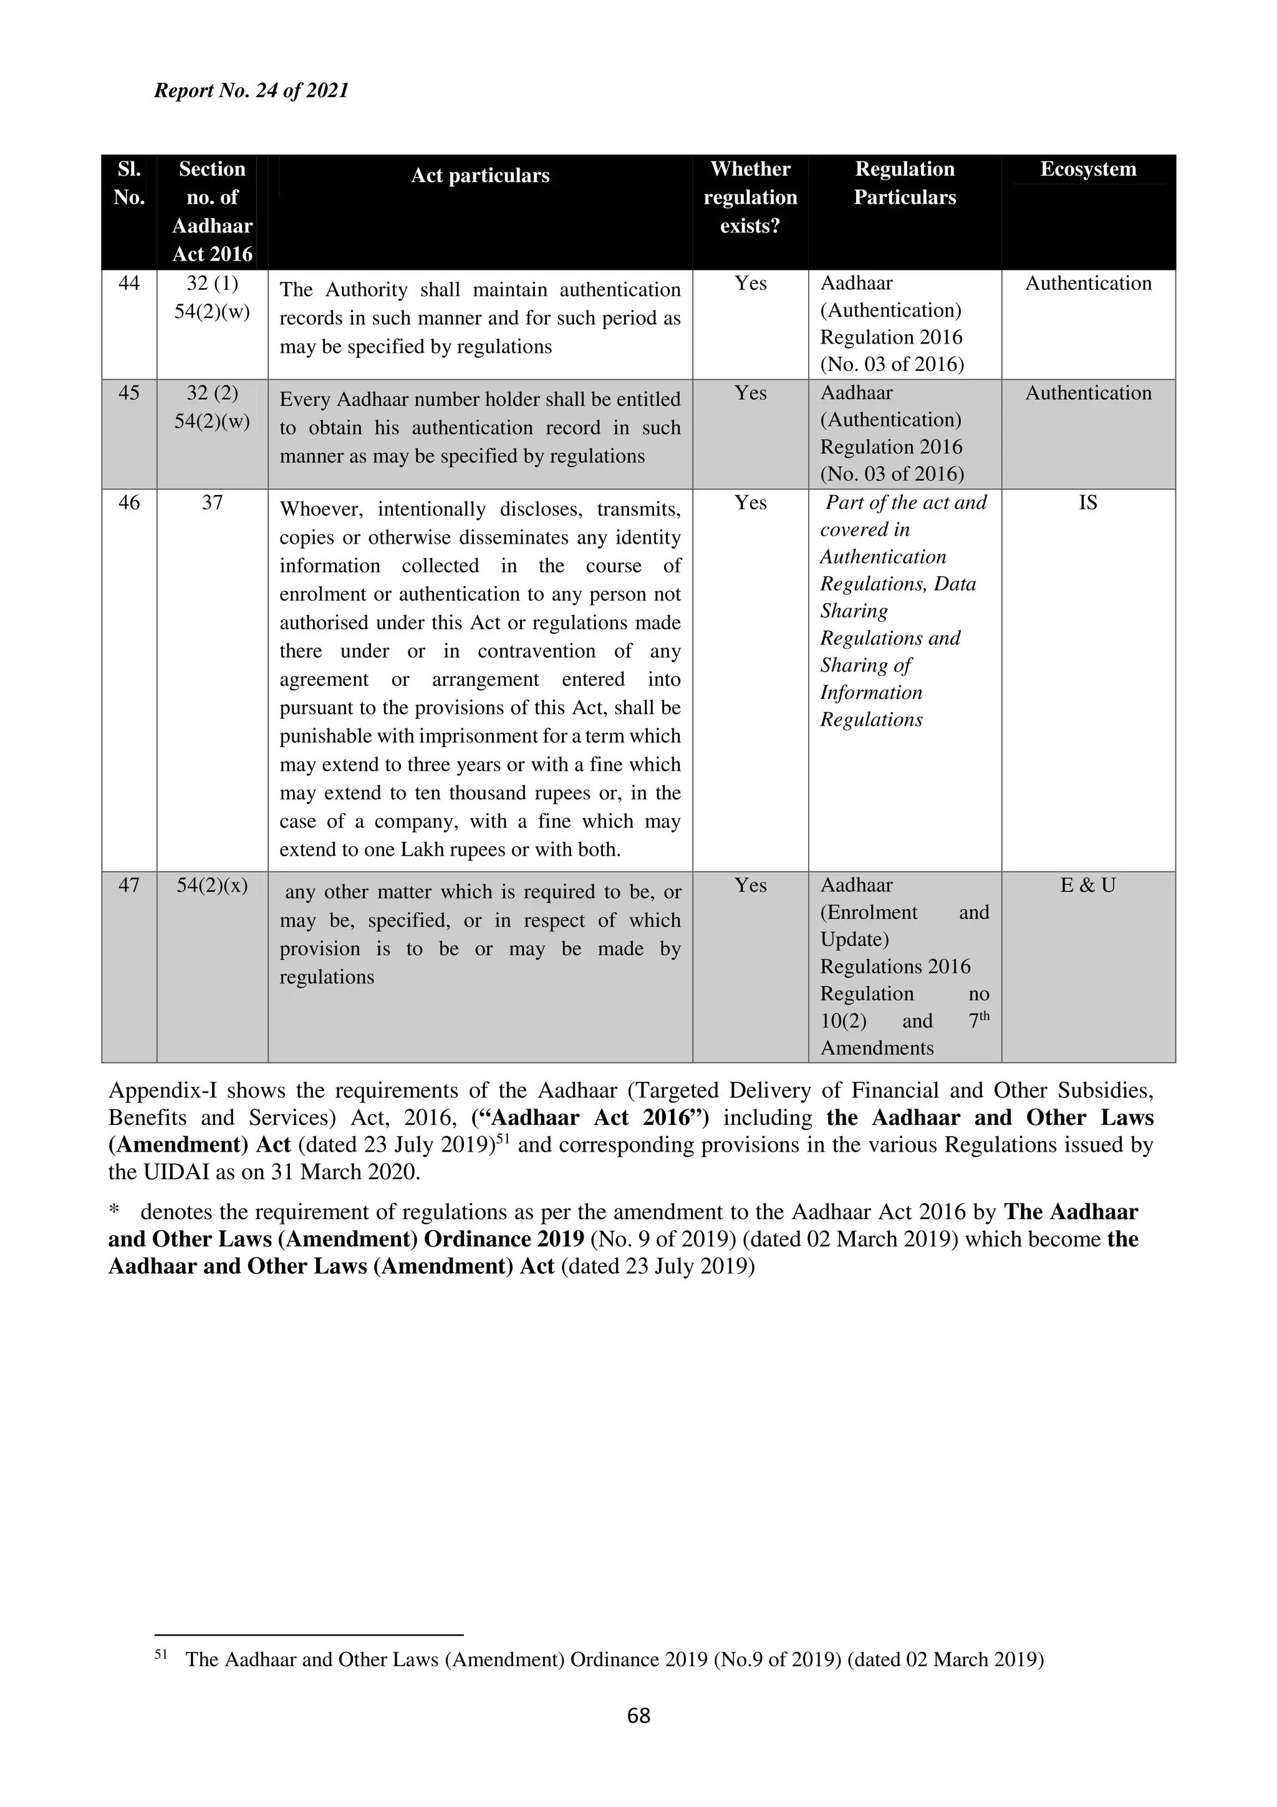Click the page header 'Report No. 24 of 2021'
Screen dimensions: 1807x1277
coord(251,90)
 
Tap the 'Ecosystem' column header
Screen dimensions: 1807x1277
coord(1088,169)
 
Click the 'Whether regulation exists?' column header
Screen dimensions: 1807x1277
coord(750,198)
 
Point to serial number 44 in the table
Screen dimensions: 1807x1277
coord(129,283)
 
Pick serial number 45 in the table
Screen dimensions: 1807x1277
coord(129,393)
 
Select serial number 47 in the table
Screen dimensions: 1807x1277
coord(129,885)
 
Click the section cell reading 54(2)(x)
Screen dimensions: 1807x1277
coord(213,885)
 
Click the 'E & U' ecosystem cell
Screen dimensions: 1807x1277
coord(1088,885)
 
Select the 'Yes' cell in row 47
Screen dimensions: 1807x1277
coord(751,885)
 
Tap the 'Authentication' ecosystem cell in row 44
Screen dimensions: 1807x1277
coord(1088,283)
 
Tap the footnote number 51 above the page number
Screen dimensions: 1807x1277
coord(161,1655)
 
